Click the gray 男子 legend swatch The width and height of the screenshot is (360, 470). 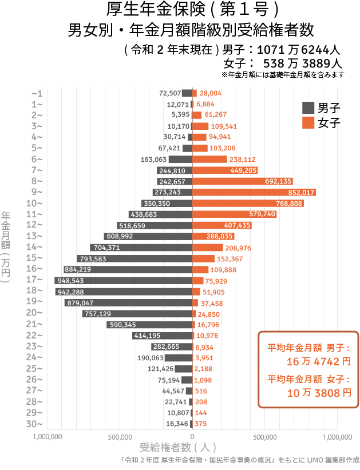tap(308, 107)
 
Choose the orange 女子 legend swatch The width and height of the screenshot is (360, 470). tap(308, 122)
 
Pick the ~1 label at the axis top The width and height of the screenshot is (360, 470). tap(37, 93)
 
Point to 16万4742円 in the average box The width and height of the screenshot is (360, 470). tap(318, 361)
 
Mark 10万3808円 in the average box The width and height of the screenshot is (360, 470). tap(318, 393)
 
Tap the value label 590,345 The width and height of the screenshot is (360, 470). tap(122, 325)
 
